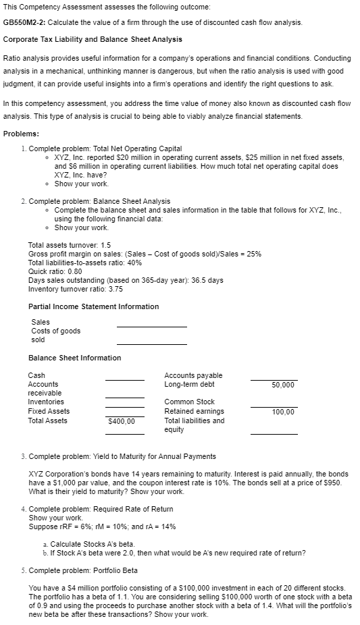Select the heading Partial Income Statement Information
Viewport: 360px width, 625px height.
tap(93, 306)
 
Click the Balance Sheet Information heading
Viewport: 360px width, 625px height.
tap(74, 358)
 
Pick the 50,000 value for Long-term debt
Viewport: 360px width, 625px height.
tap(282, 385)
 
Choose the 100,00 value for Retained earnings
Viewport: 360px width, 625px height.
tap(282, 411)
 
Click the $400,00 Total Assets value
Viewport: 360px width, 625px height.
tap(122, 421)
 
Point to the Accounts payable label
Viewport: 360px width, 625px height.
tap(193, 375)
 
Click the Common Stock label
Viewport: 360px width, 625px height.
tap(189, 402)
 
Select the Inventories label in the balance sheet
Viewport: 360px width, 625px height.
tap(46, 402)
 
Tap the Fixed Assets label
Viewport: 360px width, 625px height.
tap(49, 411)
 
